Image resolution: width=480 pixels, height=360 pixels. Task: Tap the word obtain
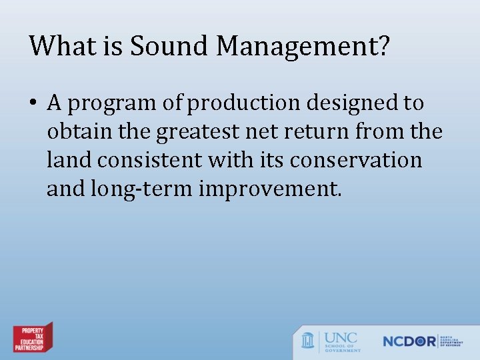[x=75, y=132]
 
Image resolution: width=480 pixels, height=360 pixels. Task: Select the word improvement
[x=270, y=190]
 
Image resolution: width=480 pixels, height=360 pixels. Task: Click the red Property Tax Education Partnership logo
[x=33, y=338]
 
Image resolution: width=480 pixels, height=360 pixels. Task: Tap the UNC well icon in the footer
[x=308, y=340]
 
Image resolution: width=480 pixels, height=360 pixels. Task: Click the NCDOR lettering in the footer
[x=409, y=341]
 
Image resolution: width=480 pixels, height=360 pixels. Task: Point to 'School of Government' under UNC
[x=343, y=347]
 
